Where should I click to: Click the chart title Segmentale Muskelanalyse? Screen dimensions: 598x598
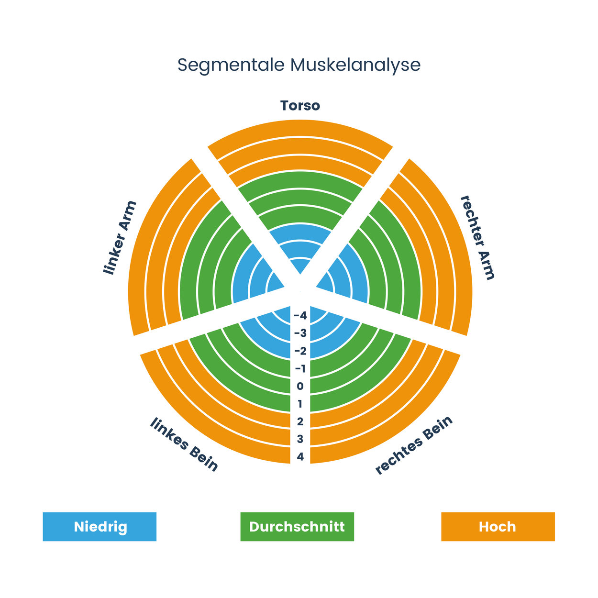coord(299,66)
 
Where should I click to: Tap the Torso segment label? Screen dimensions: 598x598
coord(300,106)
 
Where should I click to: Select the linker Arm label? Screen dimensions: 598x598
coord(120,238)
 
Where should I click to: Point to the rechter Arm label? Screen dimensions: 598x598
coord(477,238)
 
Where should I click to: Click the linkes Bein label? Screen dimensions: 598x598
coord(184,444)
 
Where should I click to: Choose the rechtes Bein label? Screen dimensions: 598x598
coord(414,445)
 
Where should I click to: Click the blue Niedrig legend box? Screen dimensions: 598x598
coord(100,527)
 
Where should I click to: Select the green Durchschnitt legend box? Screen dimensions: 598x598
coord(297,527)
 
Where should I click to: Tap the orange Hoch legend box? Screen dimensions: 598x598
coord(498,527)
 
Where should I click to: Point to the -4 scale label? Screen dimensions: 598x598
coord(300,316)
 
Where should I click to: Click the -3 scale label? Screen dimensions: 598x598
coord(300,333)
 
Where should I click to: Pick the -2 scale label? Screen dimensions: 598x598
coord(300,351)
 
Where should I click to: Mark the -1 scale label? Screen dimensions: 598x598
coord(300,369)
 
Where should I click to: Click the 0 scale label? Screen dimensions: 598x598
coord(300,387)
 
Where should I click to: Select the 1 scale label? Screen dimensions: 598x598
coord(300,404)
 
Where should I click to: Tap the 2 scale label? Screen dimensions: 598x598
coord(300,422)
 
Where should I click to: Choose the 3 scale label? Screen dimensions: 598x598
coord(300,439)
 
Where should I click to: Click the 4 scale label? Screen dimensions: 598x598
coord(300,457)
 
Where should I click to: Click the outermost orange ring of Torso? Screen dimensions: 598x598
coord(300,128)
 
